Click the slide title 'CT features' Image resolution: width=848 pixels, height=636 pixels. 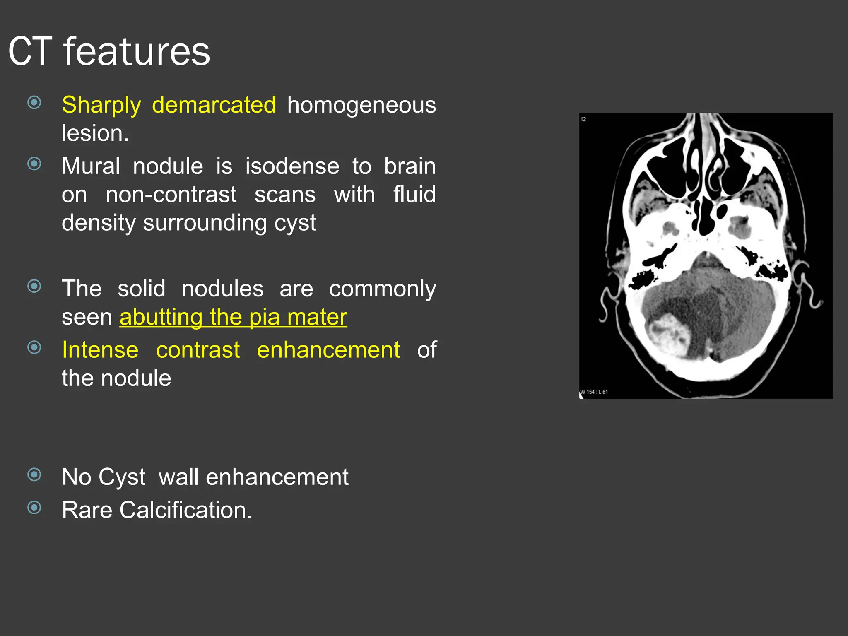click(x=109, y=51)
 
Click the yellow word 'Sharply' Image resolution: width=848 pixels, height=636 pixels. click(x=101, y=105)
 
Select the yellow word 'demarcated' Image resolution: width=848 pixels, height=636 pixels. click(x=214, y=105)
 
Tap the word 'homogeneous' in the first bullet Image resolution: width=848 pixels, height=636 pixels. click(x=361, y=105)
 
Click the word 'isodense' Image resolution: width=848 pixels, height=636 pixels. click(x=292, y=166)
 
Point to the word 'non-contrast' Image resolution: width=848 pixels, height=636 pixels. click(x=171, y=195)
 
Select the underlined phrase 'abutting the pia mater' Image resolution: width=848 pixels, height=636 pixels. click(x=233, y=317)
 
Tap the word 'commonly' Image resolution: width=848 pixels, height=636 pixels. click(x=382, y=289)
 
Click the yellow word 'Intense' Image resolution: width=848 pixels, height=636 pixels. click(x=100, y=350)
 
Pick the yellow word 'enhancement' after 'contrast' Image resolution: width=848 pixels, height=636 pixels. click(x=328, y=350)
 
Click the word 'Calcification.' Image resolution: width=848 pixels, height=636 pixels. click(x=185, y=510)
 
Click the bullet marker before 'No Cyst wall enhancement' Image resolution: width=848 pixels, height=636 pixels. click(x=34, y=475)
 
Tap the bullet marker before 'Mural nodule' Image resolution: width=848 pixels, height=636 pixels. click(x=34, y=164)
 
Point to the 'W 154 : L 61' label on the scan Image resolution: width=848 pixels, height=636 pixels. click(x=594, y=392)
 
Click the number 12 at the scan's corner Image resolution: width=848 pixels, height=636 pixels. click(x=583, y=119)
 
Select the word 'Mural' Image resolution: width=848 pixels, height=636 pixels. click(x=91, y=166)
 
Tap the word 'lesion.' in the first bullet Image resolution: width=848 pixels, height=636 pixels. click(x=95, y=133)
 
